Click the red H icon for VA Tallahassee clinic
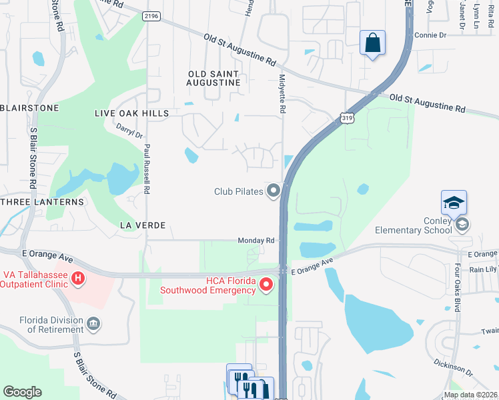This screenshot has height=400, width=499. click(x=78, y=277)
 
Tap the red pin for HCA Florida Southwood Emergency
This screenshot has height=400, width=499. click(x=266, y=285)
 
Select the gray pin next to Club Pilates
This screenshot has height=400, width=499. click(x=273, y=191)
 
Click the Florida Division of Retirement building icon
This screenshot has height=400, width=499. click(x=94, y=324)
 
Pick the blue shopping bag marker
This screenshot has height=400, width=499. click(x=373, y=43)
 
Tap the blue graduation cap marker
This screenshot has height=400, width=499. click(x=454, y=203)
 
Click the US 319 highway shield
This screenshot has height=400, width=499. click(x=347, y=118)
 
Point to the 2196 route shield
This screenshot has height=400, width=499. click(x=151, y=16)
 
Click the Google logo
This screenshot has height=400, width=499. click(x=22, y=392)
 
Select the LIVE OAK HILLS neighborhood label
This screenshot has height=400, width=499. click(x=131, y=114)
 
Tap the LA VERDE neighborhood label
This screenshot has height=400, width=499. click(x=141, y=226)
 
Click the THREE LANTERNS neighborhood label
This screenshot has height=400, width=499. click(x=43, y=201)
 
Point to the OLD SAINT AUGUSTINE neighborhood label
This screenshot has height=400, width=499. click(x=214, y=78)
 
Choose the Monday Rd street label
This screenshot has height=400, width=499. click(x=256, y=240)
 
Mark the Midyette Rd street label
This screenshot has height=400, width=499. click(x=282, y=94)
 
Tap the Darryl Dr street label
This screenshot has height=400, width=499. click(x=129, y=130)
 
